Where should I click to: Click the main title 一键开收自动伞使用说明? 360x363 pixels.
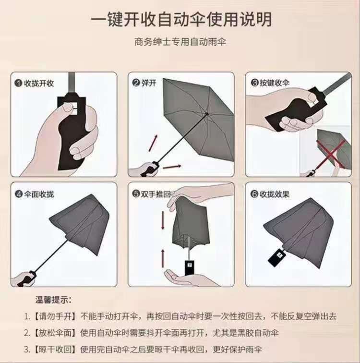tap(181, 19)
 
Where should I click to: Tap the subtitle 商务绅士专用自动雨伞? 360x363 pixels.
tap(180, 42)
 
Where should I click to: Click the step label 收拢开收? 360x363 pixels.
tap(39, 83)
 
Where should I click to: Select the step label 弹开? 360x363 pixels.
tap(149, 83)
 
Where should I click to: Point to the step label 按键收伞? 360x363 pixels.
tap(275, 83)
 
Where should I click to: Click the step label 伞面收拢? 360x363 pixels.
tap(39, 194)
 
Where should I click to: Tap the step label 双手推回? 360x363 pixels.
tap(156, 194)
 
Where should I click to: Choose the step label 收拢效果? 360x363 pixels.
tap(275, 194)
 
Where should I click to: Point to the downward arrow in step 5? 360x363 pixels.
tap(163, 220)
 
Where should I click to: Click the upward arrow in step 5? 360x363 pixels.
tap(163, 258)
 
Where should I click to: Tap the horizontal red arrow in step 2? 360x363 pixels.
tap(172, 167)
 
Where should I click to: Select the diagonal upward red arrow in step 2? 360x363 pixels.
tap(153, 143)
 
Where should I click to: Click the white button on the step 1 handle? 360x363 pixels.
tap(75, 109)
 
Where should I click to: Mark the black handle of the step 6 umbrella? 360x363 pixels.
tap(276, 256)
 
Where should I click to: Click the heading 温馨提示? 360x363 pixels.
tap(53, 300)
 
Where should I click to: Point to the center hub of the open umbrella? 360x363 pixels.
tap(206, 114)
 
